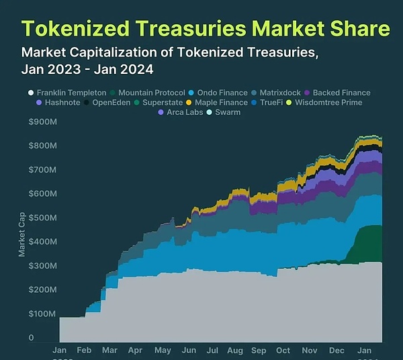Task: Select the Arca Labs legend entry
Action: tap(181, 112)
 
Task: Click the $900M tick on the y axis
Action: tap(42, 122)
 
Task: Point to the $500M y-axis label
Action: tap(42, 218)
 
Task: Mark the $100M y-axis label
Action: tap(42, 314)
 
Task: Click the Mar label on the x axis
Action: tap(109, 350)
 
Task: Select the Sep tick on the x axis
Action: tap(258, 350)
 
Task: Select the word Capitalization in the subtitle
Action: tap(112, 52)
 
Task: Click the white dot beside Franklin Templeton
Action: tap(31, 93)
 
